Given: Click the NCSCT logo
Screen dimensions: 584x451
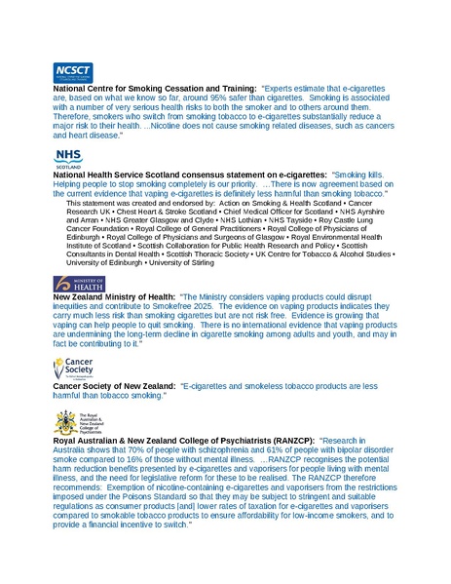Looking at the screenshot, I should pos(72,71).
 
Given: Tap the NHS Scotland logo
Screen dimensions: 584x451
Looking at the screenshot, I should pos(67,160).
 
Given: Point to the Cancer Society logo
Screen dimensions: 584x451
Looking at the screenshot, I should pos(75,369).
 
